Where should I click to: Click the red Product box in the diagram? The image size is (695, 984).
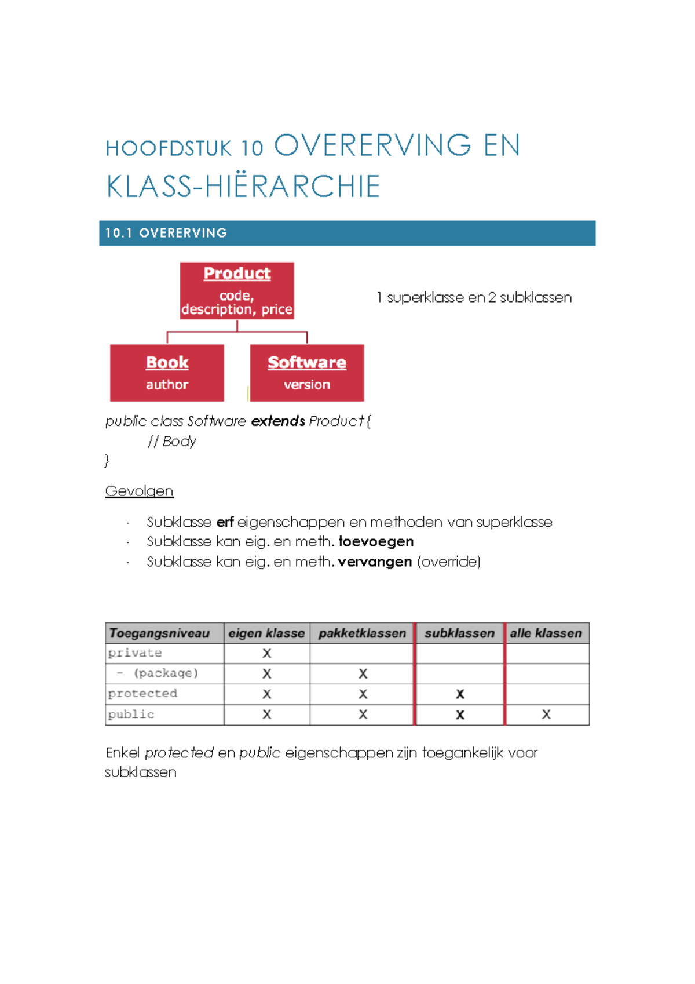[237, 290]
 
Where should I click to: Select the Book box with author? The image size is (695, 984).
[167, 373]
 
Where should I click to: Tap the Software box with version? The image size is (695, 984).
[307, 373]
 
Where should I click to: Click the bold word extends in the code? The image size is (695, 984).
[278, 421]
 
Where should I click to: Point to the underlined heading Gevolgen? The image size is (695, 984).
[139, 491]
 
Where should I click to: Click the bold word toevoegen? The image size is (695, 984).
[376, 541]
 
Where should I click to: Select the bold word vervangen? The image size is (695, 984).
[375, 562]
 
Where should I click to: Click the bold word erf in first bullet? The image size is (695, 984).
[225, 522]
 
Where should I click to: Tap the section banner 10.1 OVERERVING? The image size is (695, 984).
[347, 233]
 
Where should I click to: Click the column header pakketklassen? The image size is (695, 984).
[362, 633]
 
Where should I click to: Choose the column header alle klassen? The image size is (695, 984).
[546, 633]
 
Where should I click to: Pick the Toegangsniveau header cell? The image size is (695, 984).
[159, 633]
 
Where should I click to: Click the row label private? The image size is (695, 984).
[135, 653]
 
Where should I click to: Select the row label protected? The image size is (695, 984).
[142, 694]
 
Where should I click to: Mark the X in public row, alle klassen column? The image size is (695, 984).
[546, 715]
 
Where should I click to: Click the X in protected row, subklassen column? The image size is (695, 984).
[460, 694]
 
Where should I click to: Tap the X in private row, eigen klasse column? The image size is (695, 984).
[266, 654]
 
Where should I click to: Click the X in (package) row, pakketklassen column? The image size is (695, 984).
[363, 674]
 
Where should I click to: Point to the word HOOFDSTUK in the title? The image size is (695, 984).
[169, 149]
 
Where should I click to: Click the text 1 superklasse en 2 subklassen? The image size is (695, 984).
[474, 297]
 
